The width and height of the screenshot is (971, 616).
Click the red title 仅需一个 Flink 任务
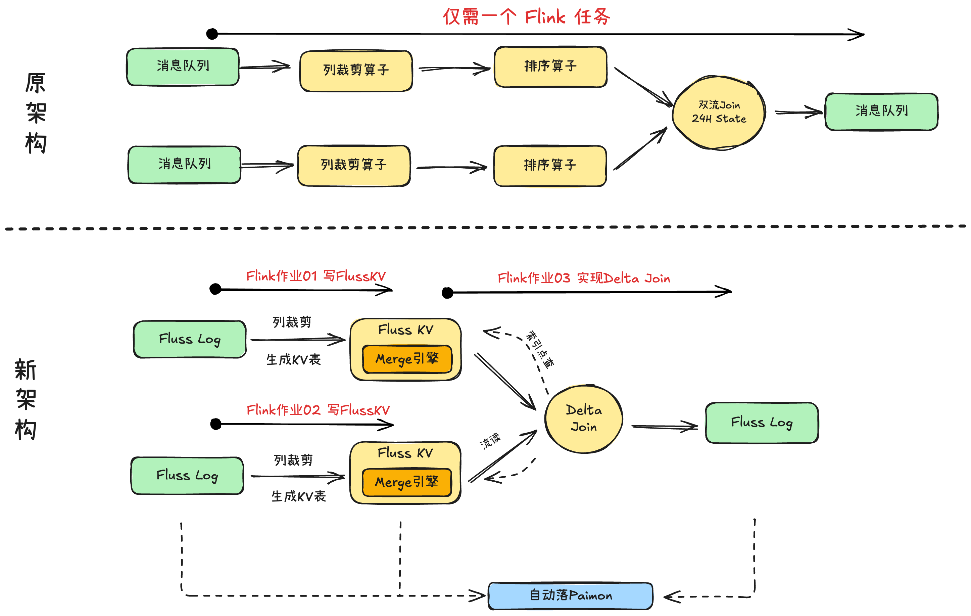(x=526, y=17)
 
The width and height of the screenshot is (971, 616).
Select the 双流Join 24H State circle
(x=719, y=113)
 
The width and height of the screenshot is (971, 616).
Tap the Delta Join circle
(x=583, y=419)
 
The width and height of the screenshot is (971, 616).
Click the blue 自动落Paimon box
(x=571, y=596)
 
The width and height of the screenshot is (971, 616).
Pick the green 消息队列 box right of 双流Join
(x=881, y=111)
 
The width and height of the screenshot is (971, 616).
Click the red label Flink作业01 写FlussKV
(x=316, y=276)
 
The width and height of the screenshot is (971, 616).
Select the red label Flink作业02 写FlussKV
(x=318, y=410)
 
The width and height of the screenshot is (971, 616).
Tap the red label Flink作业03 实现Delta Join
(x=583, y=278)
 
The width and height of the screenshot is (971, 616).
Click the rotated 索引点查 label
(x=540, y=349)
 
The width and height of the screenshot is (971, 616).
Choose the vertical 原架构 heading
(x=36, y=113)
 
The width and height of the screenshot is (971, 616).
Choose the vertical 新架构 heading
(x=26, y=399)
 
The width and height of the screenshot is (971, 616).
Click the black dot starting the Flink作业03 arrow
(x=447, y=293)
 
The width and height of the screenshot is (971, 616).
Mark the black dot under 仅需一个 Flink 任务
(x=212, y=34)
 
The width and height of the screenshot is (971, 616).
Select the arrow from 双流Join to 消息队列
(x=798, y=112)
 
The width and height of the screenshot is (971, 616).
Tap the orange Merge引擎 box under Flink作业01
(x=407, y=359)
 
